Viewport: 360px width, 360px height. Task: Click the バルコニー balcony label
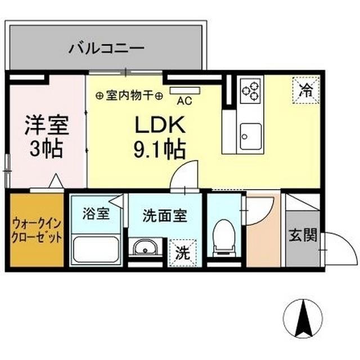tap(107, 48)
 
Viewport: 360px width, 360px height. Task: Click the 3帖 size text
tap(47, 149)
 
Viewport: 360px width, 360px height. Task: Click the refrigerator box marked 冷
tap(305, 88)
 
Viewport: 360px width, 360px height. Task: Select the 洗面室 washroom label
tap(165, 215)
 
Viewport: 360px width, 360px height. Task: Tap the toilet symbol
tap(223, 236)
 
